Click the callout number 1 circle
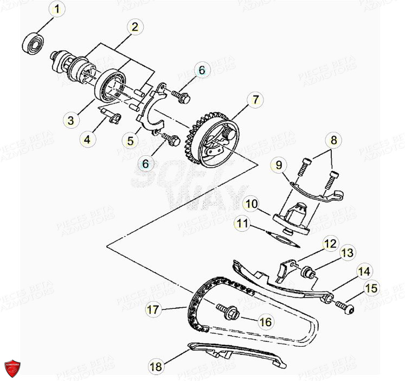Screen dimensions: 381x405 [59, 9]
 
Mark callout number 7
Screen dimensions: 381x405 [255, 99]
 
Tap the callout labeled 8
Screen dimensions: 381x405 [334, 140]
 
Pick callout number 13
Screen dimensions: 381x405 [347, 252]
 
